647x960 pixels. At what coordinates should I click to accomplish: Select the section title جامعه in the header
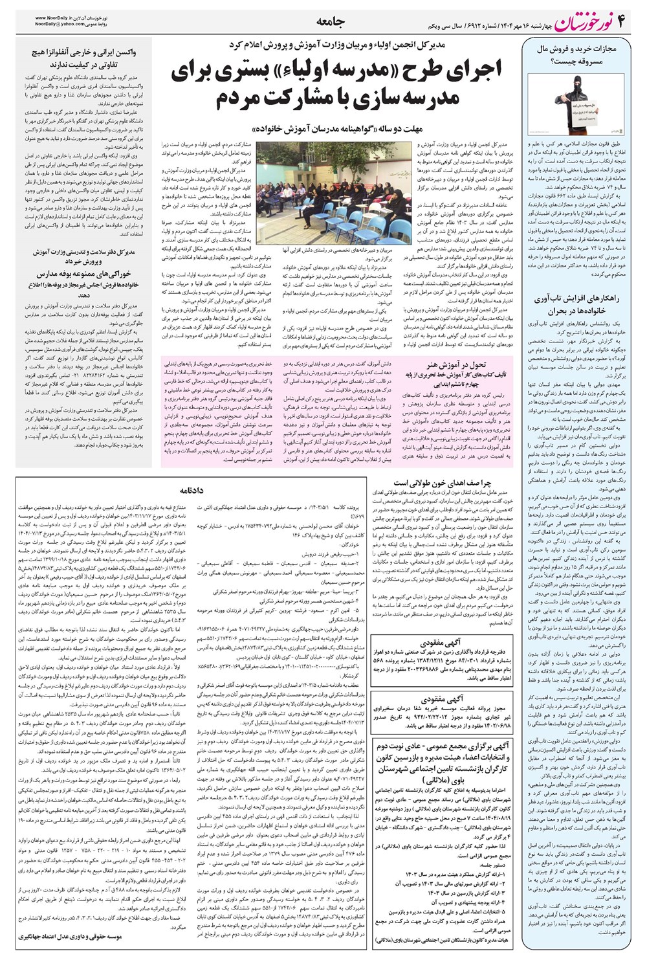[x=331, y=22]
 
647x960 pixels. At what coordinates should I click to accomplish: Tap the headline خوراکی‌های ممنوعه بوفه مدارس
[x=82, y=274]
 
